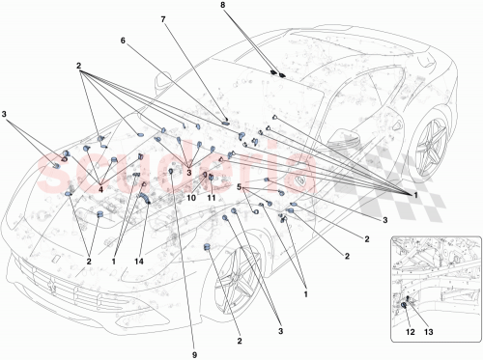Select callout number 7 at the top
click(163, 19)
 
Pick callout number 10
click(190, 198)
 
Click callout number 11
click(212, 198)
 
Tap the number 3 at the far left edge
click(7, 115)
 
